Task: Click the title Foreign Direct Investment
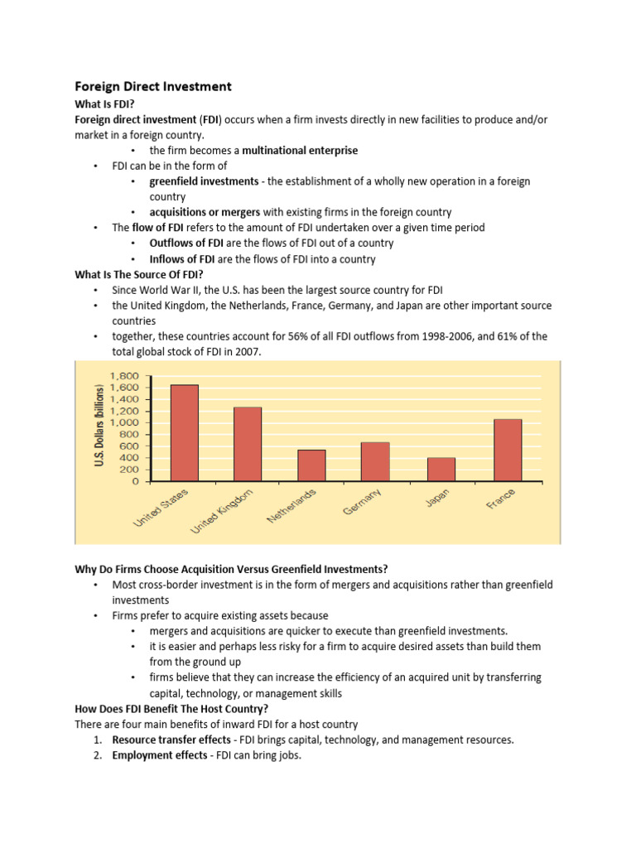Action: tap(153, 86)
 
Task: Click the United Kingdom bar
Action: tap(248, 444)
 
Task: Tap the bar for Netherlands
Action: tap(311, 465)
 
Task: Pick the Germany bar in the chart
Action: tap(375, 461)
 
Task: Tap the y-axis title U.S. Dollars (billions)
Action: tap(99, 426)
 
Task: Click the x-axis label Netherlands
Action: tap(292, 507)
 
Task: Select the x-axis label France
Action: tap(502, 499)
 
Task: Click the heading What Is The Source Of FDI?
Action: tap(142, 274)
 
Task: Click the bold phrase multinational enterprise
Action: tap(300, 150)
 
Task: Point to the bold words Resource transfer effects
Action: tap(171, 740)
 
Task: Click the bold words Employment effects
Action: tap(160, 755)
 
